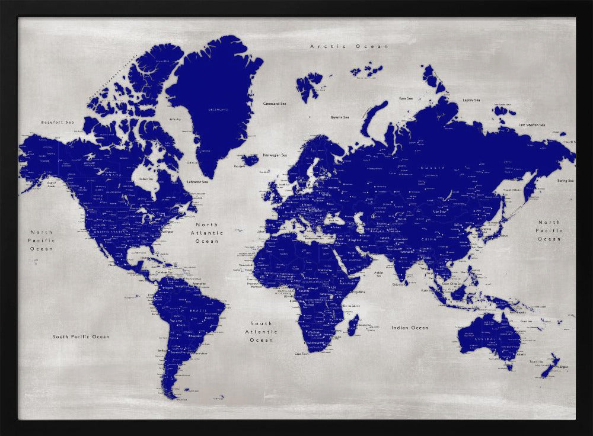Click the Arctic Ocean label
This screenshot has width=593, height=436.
349,46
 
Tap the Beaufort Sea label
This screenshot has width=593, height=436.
57,122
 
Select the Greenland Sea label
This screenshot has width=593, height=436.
275,104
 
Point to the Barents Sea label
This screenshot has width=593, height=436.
340,117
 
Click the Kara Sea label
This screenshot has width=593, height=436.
406,98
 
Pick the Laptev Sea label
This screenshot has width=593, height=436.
471,101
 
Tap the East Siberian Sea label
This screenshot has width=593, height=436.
531,125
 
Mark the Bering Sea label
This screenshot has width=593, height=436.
565,180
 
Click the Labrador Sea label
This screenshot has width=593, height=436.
197,182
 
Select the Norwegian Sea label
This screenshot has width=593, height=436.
275,155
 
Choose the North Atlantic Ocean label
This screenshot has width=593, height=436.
207,233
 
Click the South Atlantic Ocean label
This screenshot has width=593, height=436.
261,332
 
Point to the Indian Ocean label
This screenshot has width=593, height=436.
409,328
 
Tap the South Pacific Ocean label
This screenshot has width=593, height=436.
81,336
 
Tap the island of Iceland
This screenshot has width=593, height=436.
250,159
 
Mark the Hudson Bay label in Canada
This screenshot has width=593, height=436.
145,178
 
